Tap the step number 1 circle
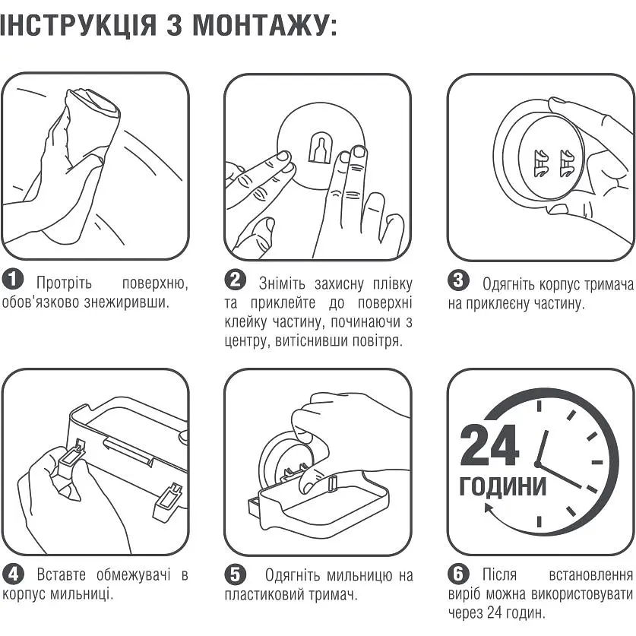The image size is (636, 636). tap(13, 280)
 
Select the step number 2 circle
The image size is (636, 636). tap(236, 280)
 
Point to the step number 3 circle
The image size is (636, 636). tap(458, 280)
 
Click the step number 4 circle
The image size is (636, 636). tap(13, 572)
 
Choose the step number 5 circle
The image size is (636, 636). tap(236, 572)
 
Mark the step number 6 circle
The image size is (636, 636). tap(458, 572)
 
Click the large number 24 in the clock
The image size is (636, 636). tap(489, 447)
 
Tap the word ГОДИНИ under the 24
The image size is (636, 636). tap(502, 486)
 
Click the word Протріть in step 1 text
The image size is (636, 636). tap(64, 283)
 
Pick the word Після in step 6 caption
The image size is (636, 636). tap(502, 574)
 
